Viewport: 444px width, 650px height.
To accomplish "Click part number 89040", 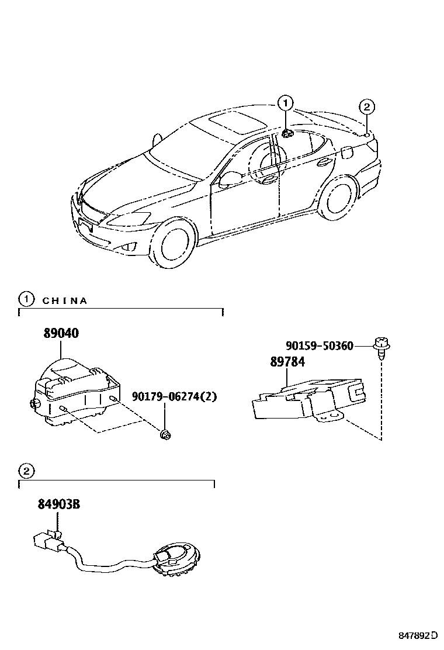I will [x=61, y=334].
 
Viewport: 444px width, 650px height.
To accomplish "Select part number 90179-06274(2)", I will [x=174, y=397].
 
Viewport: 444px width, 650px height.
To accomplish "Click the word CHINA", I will [x=65, y=301].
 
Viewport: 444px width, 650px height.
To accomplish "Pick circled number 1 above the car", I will [x=285, y=104].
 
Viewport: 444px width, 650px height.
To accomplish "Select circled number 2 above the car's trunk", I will [x=366, y=107].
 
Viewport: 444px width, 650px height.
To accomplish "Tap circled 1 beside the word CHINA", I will [x=26, y=300].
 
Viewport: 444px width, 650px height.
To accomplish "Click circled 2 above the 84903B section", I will [x=26, y=471].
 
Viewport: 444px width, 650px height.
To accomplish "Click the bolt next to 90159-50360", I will [x=381, y=345].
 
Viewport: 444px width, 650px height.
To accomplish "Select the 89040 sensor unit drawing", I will [x=75, y=388].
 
